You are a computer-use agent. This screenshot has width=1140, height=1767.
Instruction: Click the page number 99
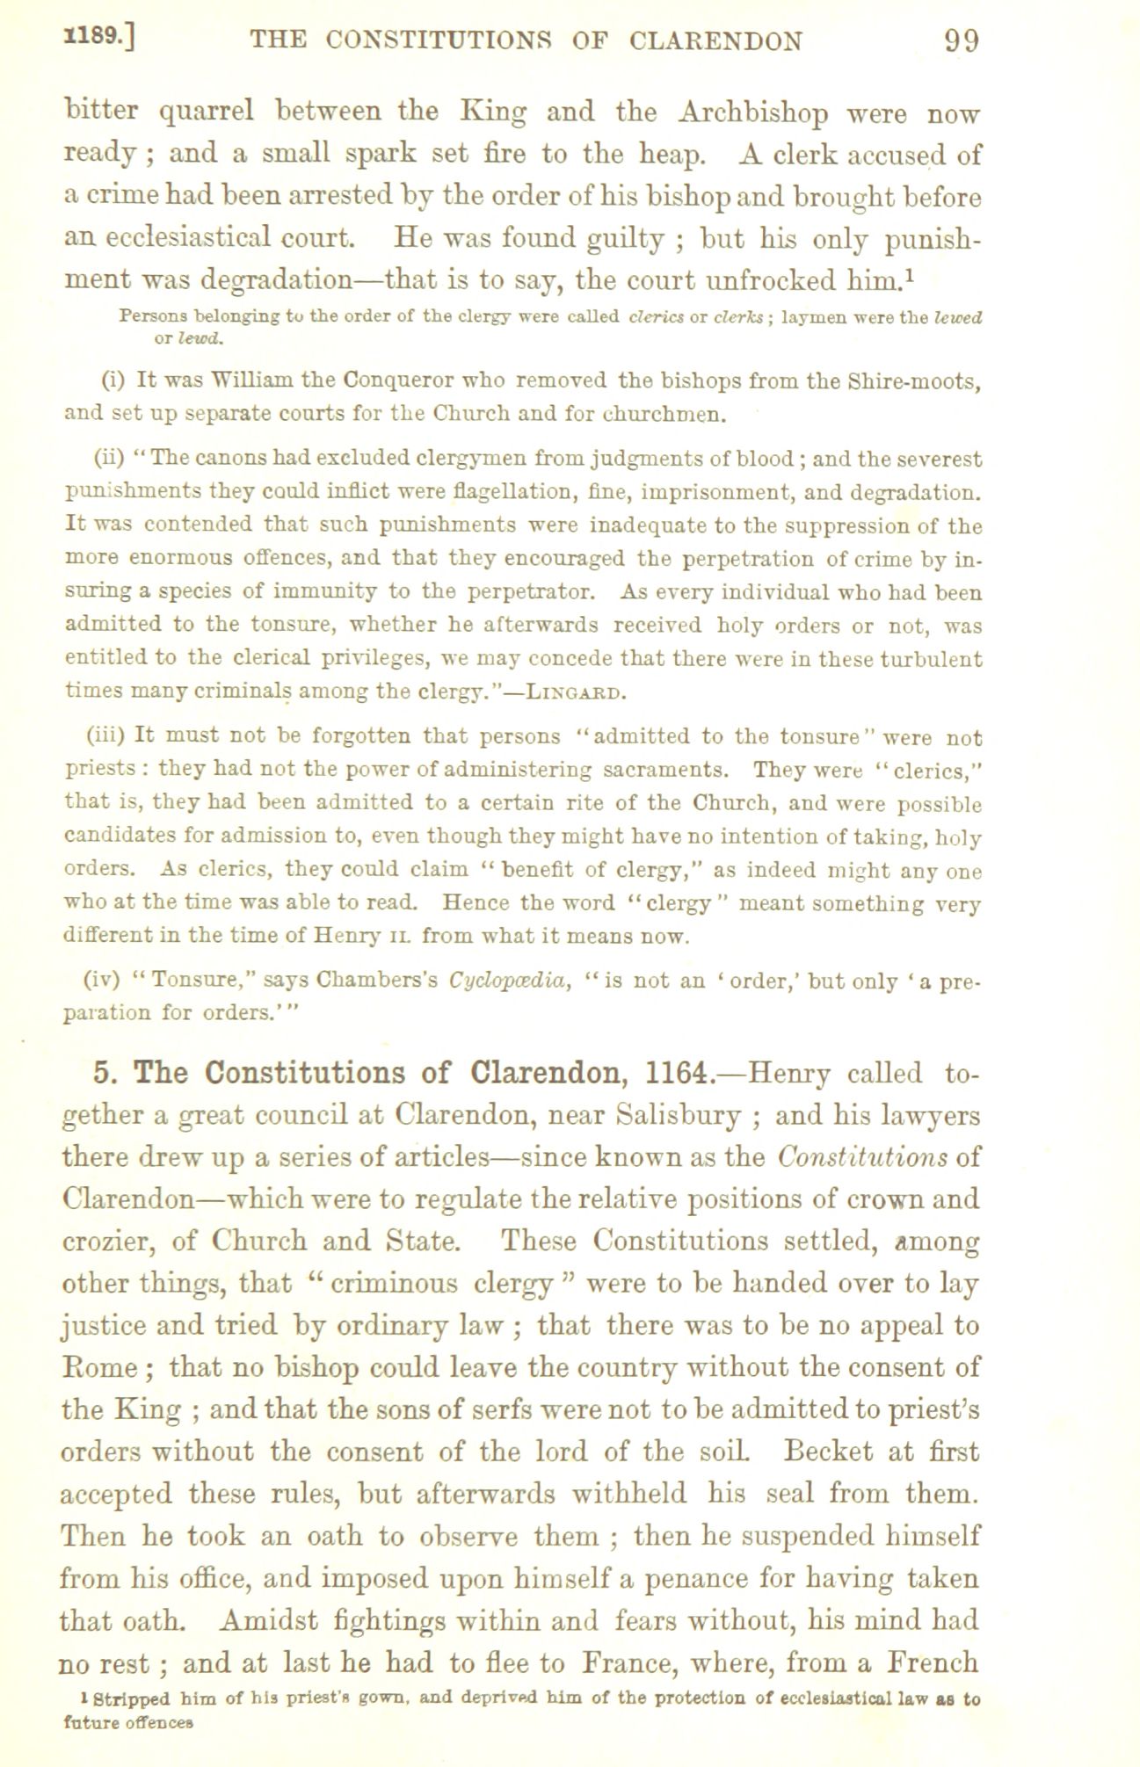pyautogui.click(x=961, y=41)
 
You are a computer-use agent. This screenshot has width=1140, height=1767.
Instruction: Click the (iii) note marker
pyautogui.click(x=108, y=736)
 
